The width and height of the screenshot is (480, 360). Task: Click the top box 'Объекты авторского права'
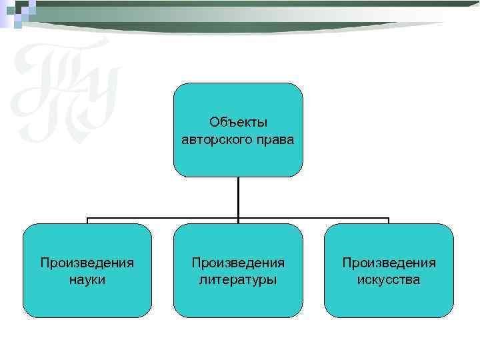(x=238, y=130)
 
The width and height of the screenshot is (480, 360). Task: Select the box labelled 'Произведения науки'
(x=87, y=270)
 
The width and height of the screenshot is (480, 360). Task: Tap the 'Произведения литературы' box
(x=238, y=270)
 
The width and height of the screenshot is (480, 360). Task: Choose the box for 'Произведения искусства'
(x=389, y=270)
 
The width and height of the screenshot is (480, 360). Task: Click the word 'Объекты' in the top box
(x=238, y=122)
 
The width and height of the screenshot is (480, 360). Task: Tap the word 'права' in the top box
(x=277, y=140)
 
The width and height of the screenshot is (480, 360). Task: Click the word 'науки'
(x=87, y=279)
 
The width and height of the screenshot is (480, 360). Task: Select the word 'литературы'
(x=238, y=279)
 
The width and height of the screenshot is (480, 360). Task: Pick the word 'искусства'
(x=389, y=279)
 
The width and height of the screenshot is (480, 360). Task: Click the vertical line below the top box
(x=238, y=197)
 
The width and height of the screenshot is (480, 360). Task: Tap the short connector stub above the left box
(x=87, y=221)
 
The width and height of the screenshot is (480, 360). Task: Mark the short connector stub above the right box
(x=389, y=221)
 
